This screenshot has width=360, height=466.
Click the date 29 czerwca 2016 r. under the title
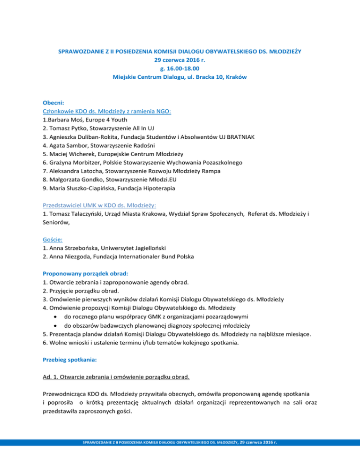click(180, 60)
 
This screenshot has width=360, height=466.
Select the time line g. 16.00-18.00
click(180, 68)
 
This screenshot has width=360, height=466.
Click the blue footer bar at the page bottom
click(180, 455)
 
